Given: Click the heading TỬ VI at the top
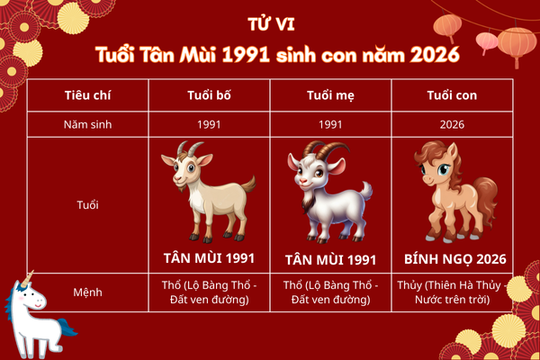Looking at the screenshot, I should [269, 22].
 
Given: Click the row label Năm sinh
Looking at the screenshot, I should [88, 124].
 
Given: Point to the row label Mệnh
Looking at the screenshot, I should [88, 292].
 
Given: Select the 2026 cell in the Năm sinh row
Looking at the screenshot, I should [453, 124].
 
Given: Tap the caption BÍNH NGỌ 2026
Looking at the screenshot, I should [453, 259].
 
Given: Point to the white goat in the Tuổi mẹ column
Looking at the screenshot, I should [328, 193].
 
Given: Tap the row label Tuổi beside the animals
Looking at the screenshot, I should [88, 205].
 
